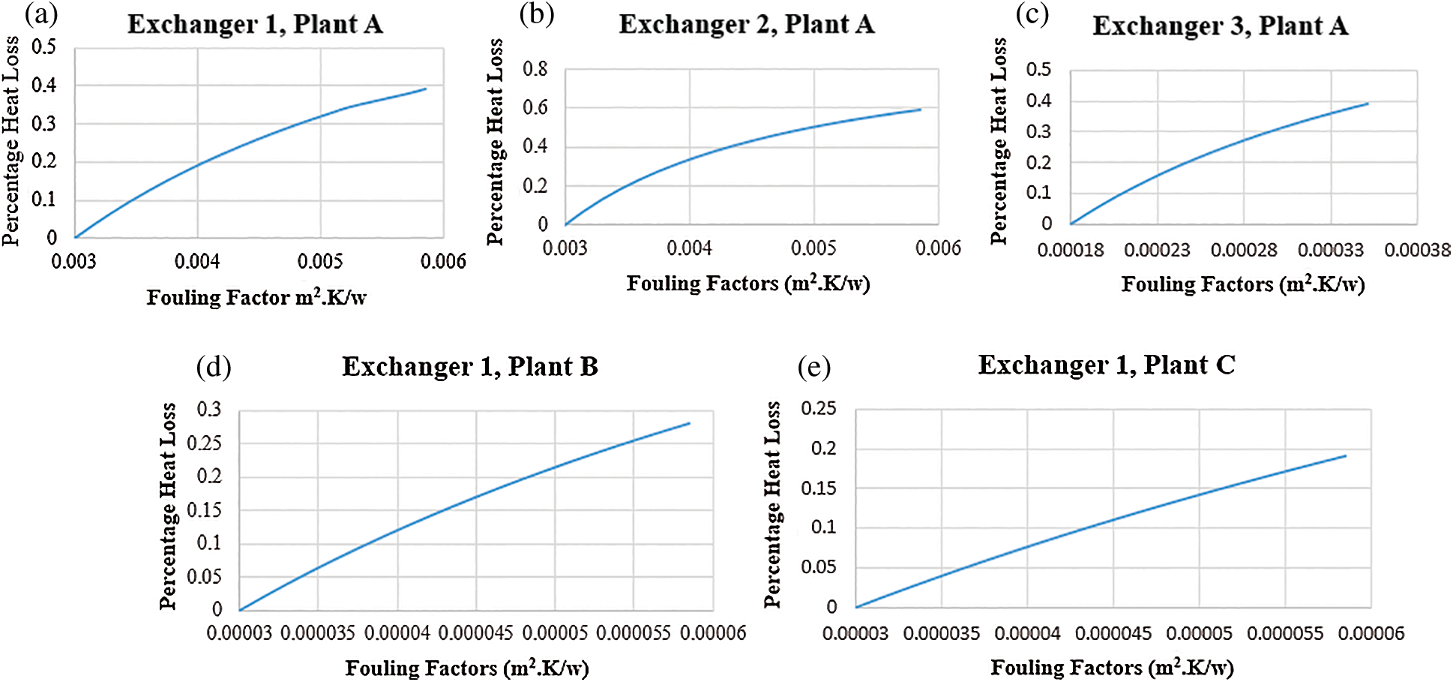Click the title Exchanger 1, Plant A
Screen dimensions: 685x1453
[x=255, y=25]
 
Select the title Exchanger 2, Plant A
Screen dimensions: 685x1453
[x=746, y=25]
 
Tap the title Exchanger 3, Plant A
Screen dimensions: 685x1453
[x=1220, y=26]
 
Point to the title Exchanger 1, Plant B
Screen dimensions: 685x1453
[x=470, y=367]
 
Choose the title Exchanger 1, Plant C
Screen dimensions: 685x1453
[x=1107, y=365]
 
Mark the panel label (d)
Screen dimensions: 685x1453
[x=214, y=367]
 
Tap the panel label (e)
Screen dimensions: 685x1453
[x=814, y=367]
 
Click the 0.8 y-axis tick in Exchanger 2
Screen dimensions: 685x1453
[x=535, y=69]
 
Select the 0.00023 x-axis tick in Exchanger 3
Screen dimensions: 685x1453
[x=1157, y=250]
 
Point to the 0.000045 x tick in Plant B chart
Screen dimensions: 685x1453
[x=475, y=633]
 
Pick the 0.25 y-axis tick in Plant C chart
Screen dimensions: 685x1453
[x=819, y=409]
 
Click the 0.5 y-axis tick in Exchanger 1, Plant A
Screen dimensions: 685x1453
[x=43, y=47]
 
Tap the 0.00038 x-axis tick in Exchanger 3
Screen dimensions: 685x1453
[x=1417, y=250]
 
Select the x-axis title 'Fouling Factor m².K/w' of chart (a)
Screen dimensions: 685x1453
[x=256, y=298]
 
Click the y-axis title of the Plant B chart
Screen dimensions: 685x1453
[x=168, y=506]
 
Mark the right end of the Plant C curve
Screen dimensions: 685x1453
[x=1346, y=455]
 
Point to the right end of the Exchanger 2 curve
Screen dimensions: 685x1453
[x=921, y=110]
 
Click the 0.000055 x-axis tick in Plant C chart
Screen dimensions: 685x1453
[x=1285, y=633]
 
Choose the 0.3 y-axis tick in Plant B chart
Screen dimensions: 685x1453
[x=209, y=410]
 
